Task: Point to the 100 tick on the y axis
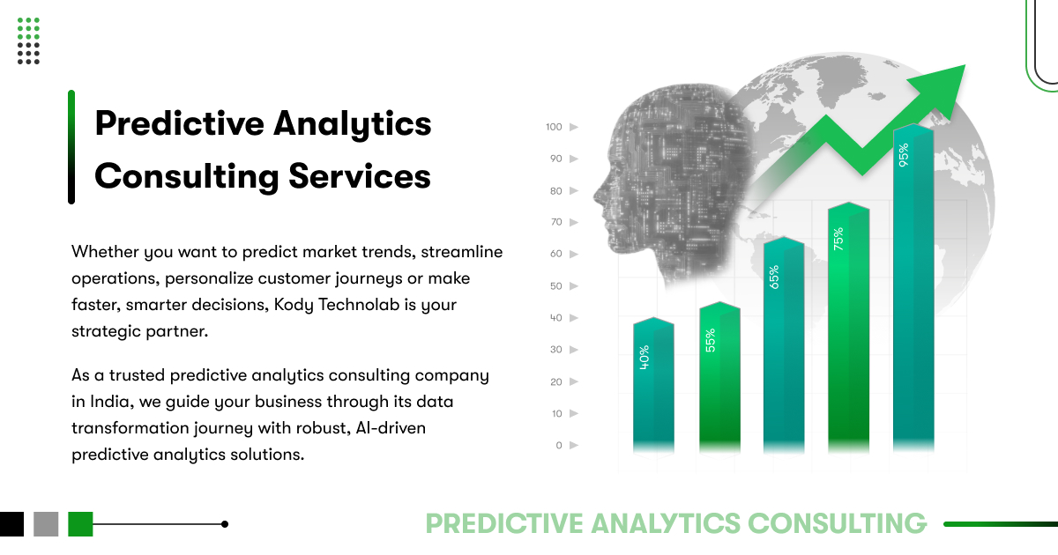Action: [554, 127]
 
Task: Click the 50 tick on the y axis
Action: [555, 286]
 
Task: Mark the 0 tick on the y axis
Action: [559, 445]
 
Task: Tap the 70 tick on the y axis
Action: [555, 222]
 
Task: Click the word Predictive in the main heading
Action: [176, 123]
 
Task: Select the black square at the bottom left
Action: [11, 524]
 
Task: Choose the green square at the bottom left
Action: [80, 524]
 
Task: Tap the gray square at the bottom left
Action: [46, 524]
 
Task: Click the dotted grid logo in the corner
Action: [28, 41]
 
